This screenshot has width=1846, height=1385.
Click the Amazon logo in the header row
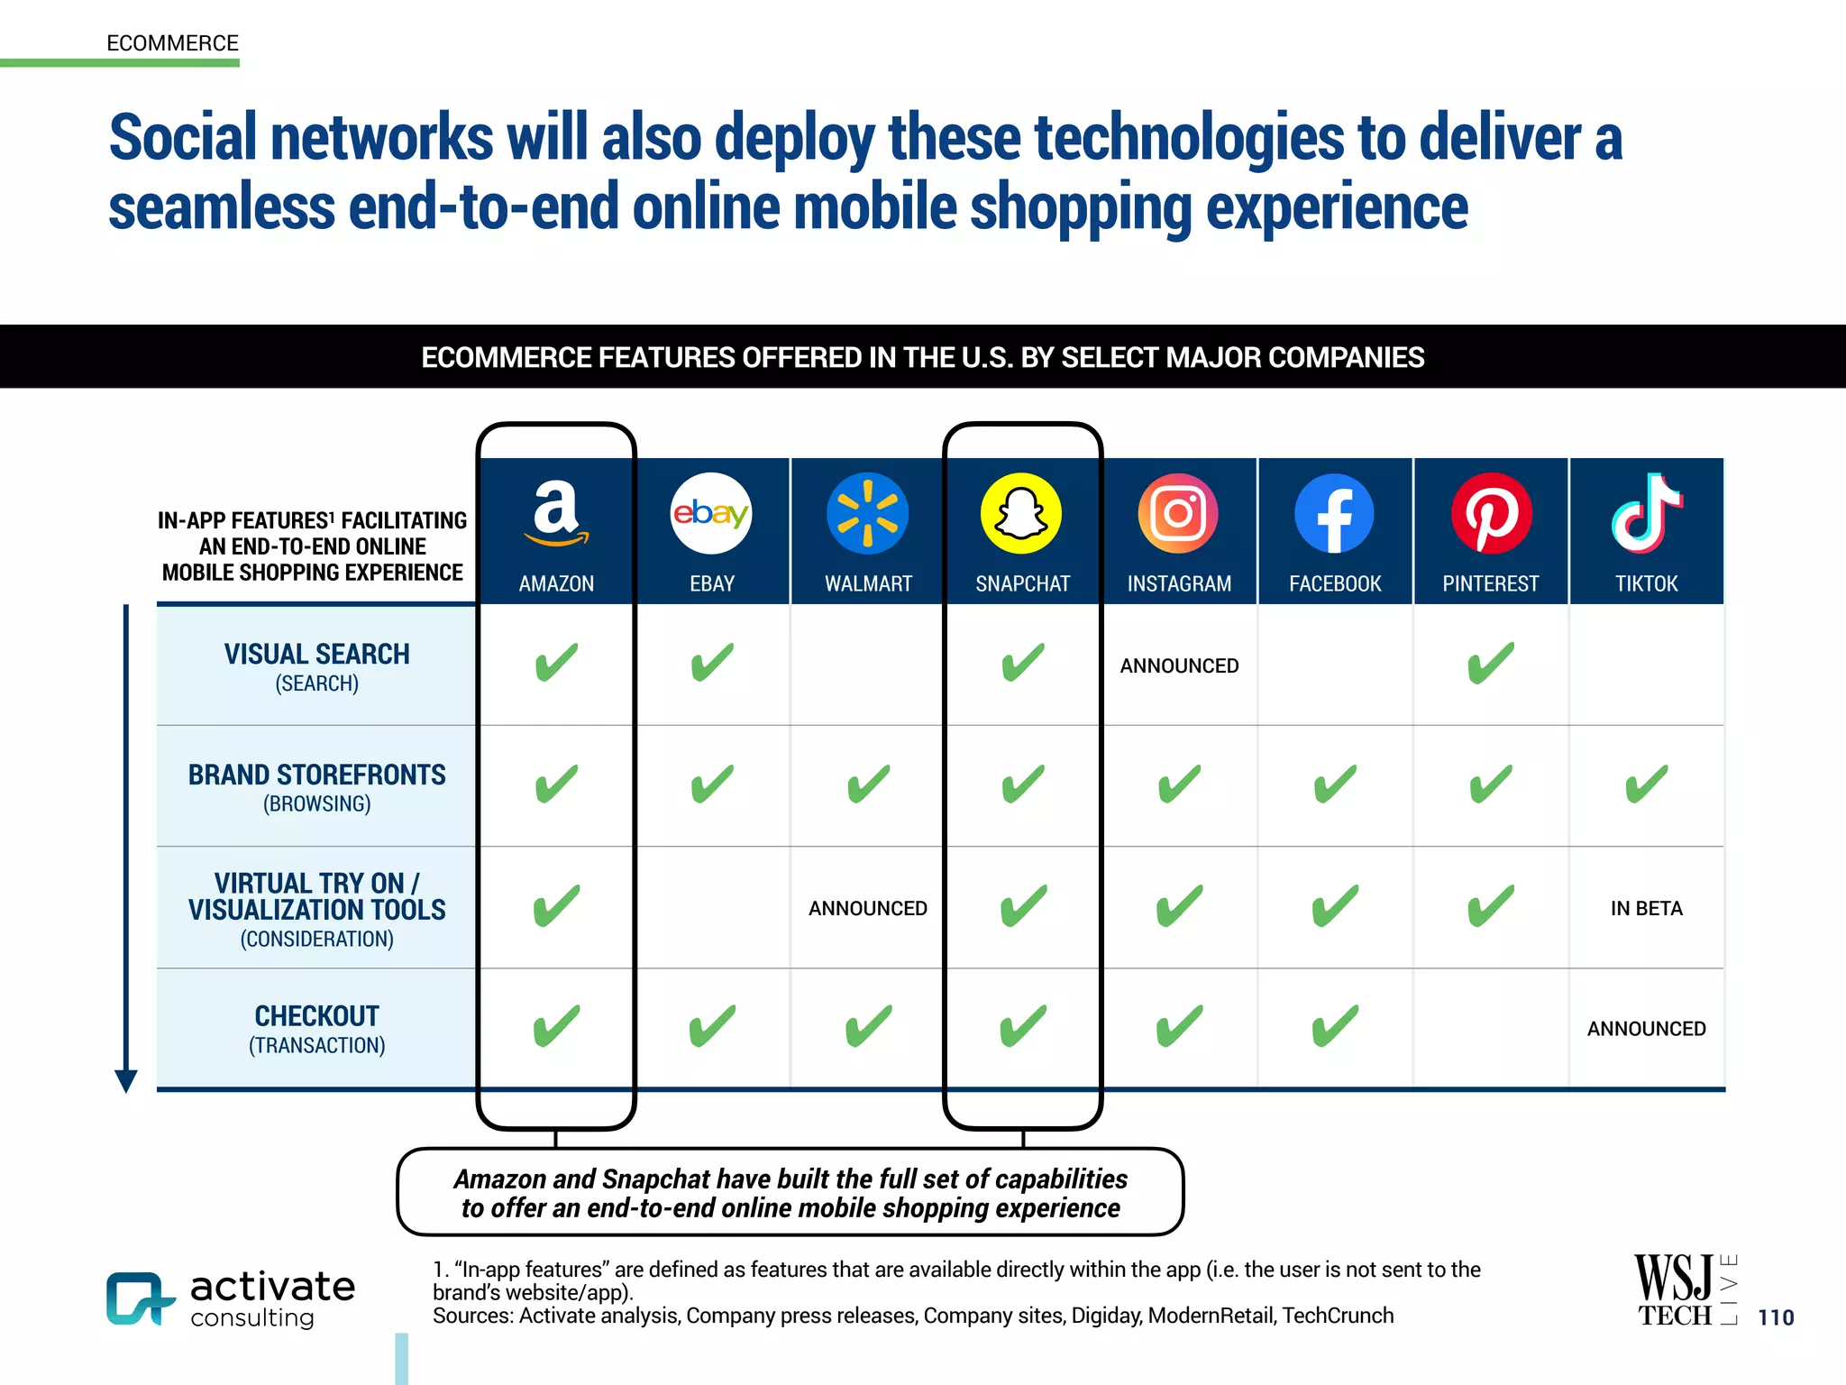[x=556, y=513]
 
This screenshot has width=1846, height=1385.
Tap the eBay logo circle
[x=711, y=513]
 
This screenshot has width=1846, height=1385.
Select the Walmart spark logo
[x=867, y=513]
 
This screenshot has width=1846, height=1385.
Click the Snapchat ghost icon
[x=1022, y=513]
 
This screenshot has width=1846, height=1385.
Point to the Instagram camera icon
[x=1178, y=513]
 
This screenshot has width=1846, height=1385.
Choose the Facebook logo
[x=1334, y=513]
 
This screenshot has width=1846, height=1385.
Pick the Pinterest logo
[x=1491, y=513]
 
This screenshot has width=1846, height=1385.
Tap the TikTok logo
[x=1646, y=513]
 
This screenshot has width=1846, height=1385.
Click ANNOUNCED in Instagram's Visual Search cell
[x=1179, y=665]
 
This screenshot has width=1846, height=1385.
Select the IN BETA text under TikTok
[x=1646, y=908]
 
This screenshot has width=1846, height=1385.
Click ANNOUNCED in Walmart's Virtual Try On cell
[x=867, y=908]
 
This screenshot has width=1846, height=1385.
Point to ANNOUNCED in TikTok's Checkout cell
[x=1646, y=1029]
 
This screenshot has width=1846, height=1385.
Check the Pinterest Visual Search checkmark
[x=1491, y=664]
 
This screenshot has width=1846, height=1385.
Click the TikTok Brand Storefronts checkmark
[x=1646, y=784]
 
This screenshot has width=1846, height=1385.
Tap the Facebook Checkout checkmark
[x=1334, y=1026]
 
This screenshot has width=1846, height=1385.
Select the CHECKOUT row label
[x=316, y=1017]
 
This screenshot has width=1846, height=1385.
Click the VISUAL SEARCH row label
[x=316, y=655]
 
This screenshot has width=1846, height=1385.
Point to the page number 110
[x=1776, y=1317]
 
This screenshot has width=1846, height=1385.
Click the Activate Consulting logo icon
[x=139, y=1298]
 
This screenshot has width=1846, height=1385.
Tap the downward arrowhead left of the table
[x=126, y=1080]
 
